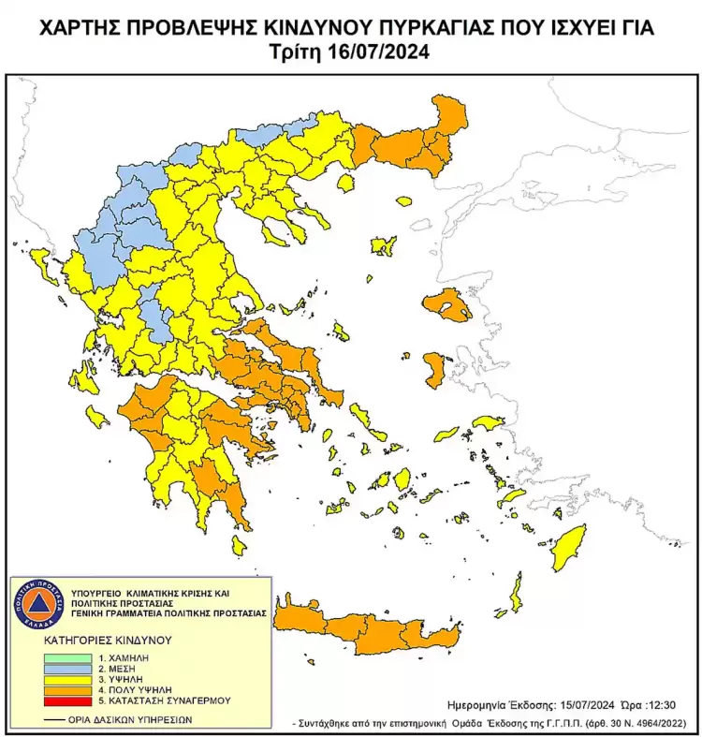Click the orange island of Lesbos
(447, 306)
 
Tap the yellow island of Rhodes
(567, 547)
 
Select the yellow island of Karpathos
(515, 594)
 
